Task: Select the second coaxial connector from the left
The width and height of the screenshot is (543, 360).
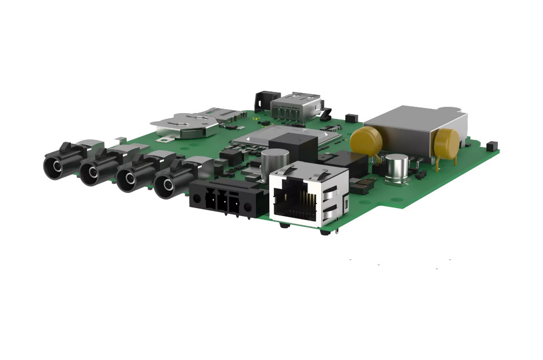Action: [95, 173]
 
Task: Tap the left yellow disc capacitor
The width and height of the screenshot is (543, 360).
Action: [366, 141]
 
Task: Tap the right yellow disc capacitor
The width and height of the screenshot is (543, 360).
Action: [446, 143]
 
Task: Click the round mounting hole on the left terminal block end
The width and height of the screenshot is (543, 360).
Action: [197, 200]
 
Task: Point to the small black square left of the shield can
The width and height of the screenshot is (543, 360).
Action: [352, 120]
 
